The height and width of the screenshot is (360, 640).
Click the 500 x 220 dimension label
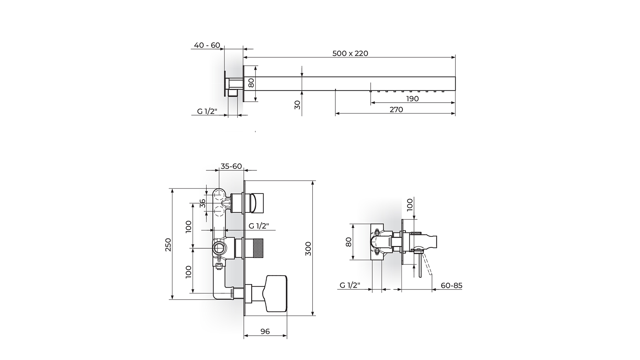click(350, 53)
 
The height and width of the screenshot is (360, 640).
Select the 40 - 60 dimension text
click(207, 45)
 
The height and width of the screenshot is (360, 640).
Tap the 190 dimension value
click(412, 99)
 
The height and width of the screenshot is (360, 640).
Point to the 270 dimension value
click(396, 109)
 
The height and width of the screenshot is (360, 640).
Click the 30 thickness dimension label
click(298, 105)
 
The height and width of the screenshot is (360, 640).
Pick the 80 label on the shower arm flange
click(252, 83)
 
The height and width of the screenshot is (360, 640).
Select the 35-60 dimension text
click(231, 166)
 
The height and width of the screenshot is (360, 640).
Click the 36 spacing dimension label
click(203, 203)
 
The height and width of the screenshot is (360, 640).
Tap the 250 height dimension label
click(168, 244)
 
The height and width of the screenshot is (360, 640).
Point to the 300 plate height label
click(308, 249)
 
